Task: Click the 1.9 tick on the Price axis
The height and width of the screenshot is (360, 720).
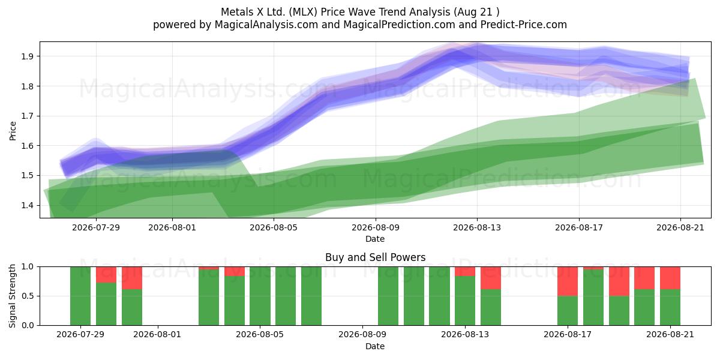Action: click(27, 56)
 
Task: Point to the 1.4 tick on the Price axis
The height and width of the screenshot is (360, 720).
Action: click(27, 205)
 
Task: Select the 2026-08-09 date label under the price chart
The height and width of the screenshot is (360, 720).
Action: click(376, 227)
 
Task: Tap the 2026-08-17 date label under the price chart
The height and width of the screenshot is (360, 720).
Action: click(579, 227)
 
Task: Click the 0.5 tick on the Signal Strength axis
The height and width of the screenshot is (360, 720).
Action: click(27, 296)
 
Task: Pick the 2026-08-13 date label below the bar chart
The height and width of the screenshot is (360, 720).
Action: click(465, 335)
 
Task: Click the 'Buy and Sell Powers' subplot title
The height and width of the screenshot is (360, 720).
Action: click(375, 257)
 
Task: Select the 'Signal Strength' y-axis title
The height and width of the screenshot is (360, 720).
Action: click(12, 296)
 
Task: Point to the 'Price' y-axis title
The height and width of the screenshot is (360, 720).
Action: click(13, 131)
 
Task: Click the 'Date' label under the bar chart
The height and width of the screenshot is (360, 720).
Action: click(375, 346)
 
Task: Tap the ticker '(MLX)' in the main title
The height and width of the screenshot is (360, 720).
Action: click(303, 12)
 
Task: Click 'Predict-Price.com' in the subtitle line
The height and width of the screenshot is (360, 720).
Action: click(524, 25)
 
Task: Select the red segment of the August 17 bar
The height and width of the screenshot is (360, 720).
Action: click(568, 281)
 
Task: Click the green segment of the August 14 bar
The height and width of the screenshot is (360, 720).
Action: click(491, 307)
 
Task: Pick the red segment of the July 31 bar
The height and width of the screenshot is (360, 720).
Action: click(132, 278)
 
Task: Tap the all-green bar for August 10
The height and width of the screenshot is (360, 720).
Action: click(388, 296)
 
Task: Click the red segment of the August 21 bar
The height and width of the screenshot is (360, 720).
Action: click(670, 278)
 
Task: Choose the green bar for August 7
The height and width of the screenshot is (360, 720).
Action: click(311, 296)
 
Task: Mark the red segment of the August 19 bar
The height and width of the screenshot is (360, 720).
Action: click(619, 281)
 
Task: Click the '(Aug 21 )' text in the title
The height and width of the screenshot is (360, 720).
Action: click(476, 12)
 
